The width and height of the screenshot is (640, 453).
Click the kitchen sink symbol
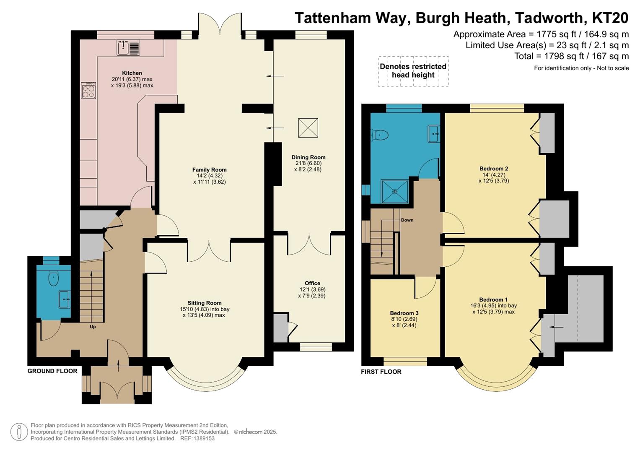[128, 47]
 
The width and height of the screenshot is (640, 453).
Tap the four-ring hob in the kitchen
[88, 90]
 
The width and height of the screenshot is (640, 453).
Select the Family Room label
[209, 169]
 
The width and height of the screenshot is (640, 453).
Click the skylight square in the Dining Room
[308, 128]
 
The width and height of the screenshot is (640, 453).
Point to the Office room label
[312, 283]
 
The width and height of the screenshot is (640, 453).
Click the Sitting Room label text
[205, 303]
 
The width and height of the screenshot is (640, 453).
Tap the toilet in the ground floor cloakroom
[53, 278]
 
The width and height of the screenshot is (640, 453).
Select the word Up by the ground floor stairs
[93, 326]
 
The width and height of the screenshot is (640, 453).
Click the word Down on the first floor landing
[407, 220]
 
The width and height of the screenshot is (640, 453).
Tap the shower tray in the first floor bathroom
[394, 192]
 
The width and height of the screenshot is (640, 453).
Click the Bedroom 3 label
[404, 313]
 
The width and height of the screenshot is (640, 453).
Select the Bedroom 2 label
[494, 169]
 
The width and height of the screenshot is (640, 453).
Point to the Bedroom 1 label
[493, 299]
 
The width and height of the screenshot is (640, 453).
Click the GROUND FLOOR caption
[52, 371]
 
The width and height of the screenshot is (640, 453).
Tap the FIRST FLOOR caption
[381, 372]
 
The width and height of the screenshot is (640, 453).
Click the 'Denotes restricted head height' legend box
[413, 71]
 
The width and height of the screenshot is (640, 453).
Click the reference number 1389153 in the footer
[203, 438]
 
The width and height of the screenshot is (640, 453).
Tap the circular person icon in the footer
[19, 432]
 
